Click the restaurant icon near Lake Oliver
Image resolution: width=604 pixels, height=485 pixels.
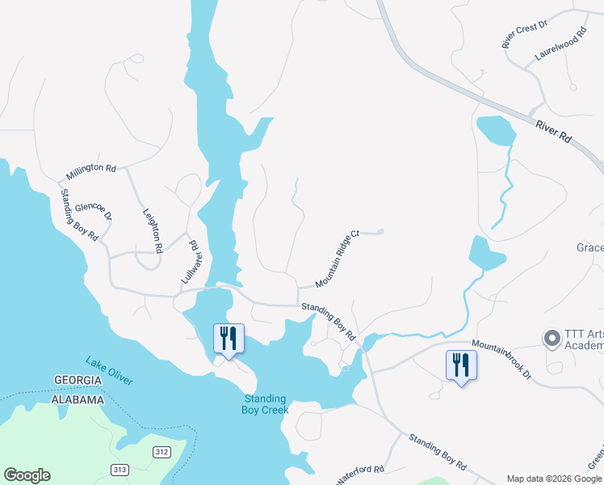tap(228, 338)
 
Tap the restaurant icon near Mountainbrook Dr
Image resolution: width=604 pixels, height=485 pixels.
tap(461, 365)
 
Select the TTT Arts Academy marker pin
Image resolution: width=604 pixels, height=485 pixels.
tap(552, 339)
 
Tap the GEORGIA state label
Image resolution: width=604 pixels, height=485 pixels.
tap(78, 381)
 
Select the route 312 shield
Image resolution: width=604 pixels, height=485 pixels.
tap(161, 452)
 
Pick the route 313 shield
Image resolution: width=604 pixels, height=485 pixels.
tap(120, 470)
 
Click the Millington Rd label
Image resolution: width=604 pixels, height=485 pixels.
tap(91, 171)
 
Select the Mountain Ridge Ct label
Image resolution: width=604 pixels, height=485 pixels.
tap(337, 260)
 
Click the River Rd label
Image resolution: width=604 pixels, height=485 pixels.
tap(554, 131)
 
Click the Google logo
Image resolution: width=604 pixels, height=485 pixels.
tap(27, 475)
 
